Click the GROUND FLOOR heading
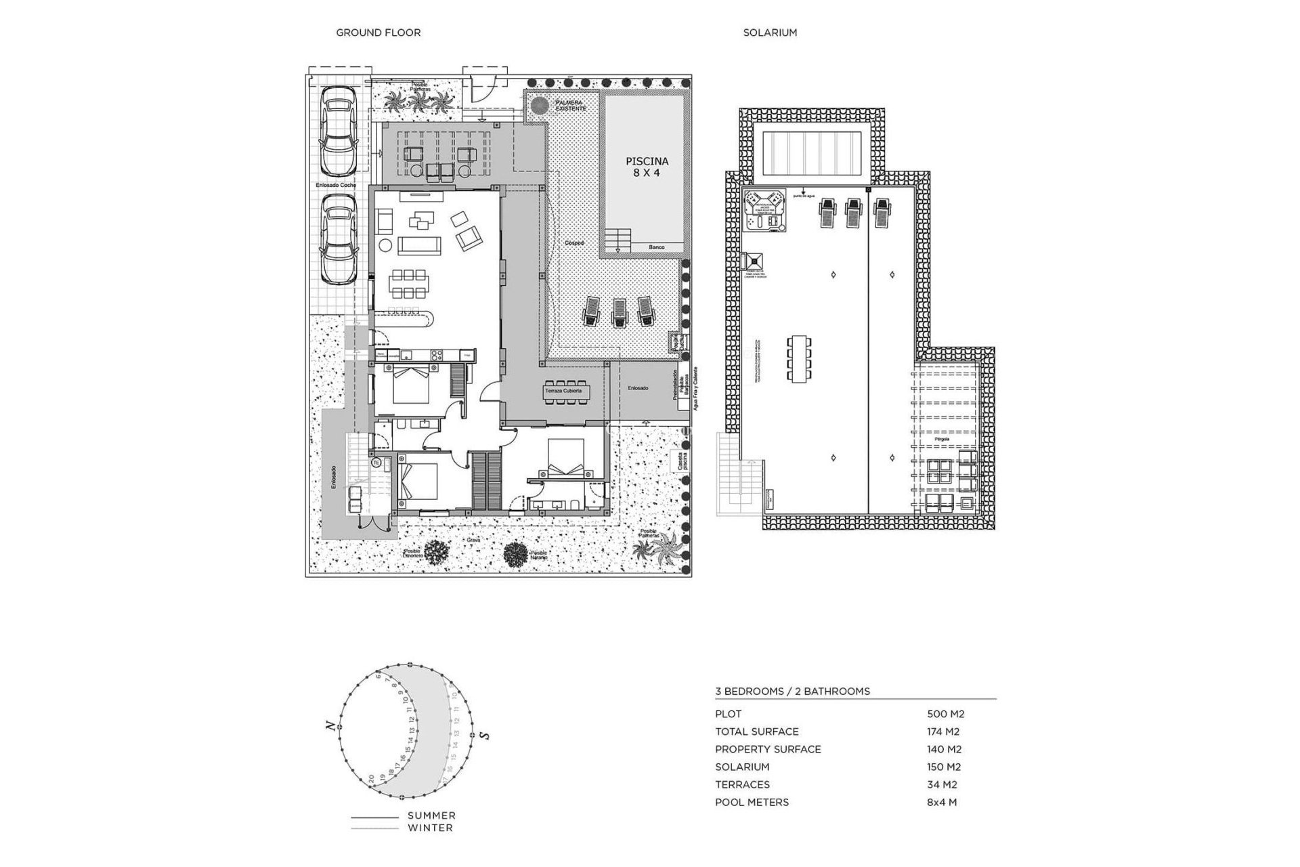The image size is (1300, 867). (x=378, y=33)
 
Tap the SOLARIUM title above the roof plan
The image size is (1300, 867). (x=770, y=33)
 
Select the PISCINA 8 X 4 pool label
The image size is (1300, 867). (x=647, y=167)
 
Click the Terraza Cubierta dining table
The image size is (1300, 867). (x=567, y=392)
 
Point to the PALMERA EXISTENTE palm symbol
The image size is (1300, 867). (x=540, y=106)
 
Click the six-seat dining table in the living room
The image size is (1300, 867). (x=408, y=284)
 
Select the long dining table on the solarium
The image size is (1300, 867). (x=799, y=358)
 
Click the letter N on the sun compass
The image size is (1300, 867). (x=330, y=726)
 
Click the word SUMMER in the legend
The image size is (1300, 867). (x=431, y=816)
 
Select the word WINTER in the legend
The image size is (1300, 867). (x=430, y=828)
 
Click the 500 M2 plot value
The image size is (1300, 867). (x=945, y=714)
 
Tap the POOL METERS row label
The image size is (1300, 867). (x=752, y=802)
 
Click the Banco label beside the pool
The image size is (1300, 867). (x=656, y=248)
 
